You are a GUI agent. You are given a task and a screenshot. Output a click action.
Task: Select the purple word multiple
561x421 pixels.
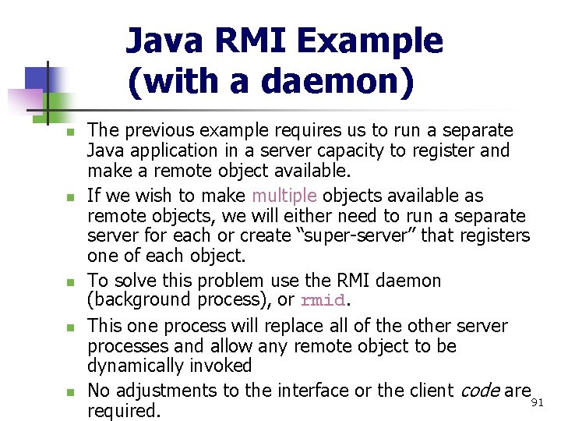coord(284,196)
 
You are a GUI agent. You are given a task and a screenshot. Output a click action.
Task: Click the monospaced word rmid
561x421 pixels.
coord(322,301)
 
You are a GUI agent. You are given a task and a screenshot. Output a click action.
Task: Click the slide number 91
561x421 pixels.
coord(536,403)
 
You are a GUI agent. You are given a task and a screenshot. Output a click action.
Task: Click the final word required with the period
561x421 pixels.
coord(124,410)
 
